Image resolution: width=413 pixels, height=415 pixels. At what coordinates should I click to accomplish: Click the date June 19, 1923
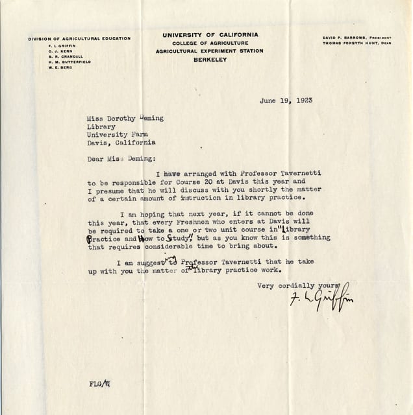click(284, 102)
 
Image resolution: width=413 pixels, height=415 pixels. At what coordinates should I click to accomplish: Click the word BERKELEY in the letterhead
click(209, 59)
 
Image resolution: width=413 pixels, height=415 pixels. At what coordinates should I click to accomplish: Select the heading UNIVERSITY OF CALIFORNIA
click(210, 34)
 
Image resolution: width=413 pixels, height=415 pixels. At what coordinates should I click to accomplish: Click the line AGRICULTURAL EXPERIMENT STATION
click(209, 51)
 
